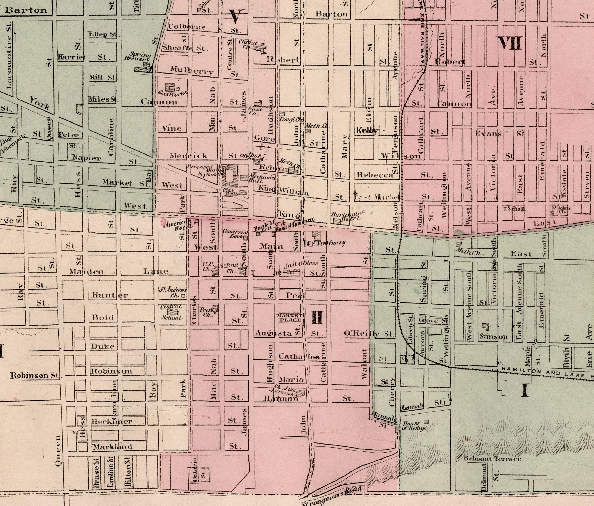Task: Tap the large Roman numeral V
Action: [x=236, y=16]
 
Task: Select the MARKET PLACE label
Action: [x=289, y=318]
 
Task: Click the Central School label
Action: [x=171, y=312]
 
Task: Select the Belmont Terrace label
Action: [x=492, y=459]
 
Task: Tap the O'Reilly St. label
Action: [x=369, y=334]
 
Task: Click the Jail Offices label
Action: [x=301, y=264]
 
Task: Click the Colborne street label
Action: [x=187, y=27]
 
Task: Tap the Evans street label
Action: [x=488, y=133]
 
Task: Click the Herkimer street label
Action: [x=111, y=421]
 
